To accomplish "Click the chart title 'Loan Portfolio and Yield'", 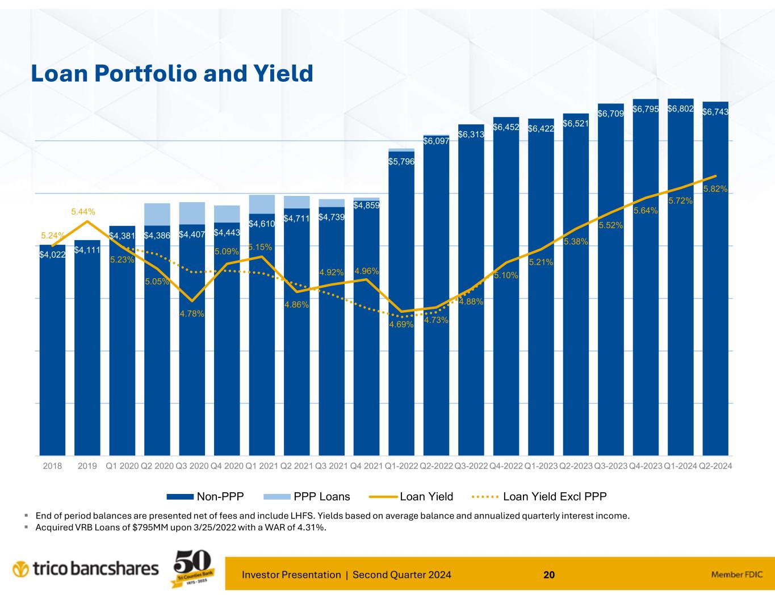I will coord(171,74).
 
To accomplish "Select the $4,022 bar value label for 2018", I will coord(52,255).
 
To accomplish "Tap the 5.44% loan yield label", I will coord(83,212).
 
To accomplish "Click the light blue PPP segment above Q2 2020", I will coord(157,214).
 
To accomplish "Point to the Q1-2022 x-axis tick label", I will coord(401,466).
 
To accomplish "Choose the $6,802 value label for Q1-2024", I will coord(680,108).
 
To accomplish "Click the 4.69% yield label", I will coord(401,325).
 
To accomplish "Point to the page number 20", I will coord(548,575).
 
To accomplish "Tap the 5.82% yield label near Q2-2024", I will coord(715,189).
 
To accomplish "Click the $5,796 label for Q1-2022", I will coord(401,162).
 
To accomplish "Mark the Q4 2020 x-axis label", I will coord(227,466).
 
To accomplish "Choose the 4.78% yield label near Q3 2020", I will coord(192,313).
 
